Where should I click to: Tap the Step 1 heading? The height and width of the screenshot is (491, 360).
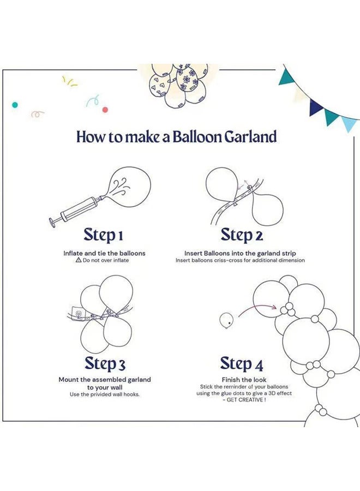[x=103, y=235]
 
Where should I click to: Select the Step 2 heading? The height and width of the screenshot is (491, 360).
[x=241, y=235]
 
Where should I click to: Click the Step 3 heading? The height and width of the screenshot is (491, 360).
[x=105, y=364]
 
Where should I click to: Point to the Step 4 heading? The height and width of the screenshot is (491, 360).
[x=241, y=364]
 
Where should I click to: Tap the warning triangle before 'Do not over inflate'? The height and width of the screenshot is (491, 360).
[x=79, y=260]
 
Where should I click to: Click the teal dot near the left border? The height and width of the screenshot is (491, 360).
[x=15, y=105]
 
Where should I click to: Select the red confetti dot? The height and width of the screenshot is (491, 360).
[x=105, y=110]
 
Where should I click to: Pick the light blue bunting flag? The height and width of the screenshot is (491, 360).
[x=349, y=123]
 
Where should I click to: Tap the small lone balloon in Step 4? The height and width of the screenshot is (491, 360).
[x=226, y=321]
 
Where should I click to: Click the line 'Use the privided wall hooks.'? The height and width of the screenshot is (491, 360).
[x=105, y=394]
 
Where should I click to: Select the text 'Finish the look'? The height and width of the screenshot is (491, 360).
[x=244, y=380]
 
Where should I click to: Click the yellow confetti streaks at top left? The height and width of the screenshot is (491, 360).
[x=69, y=81]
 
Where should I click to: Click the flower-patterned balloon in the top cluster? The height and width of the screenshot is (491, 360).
[x=187, y=80]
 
